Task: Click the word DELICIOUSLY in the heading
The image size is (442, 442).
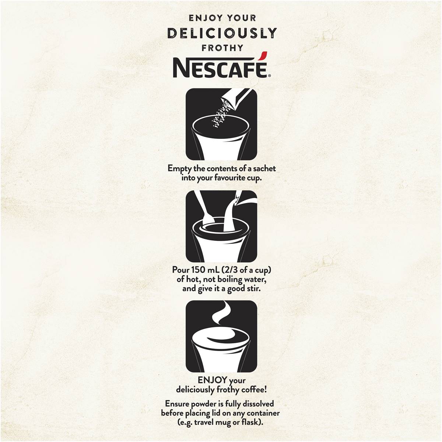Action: tap(222, 34)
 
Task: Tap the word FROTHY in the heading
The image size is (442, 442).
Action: tap(222, 48)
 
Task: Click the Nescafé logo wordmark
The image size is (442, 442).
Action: tap(220, 68)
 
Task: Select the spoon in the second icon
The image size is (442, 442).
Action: tap(204, 209)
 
